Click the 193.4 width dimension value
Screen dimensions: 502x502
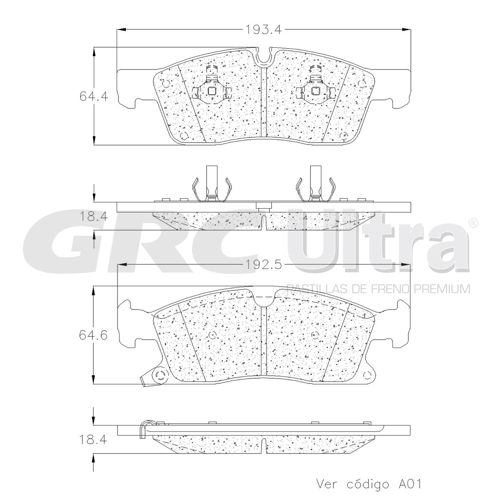pos(264,29)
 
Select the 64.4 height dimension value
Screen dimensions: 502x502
pos(94,97)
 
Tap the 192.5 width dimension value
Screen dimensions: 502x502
pos(264,265)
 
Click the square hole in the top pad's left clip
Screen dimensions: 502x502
pos(212,91)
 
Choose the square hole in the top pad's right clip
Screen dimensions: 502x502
pos(316,91)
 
